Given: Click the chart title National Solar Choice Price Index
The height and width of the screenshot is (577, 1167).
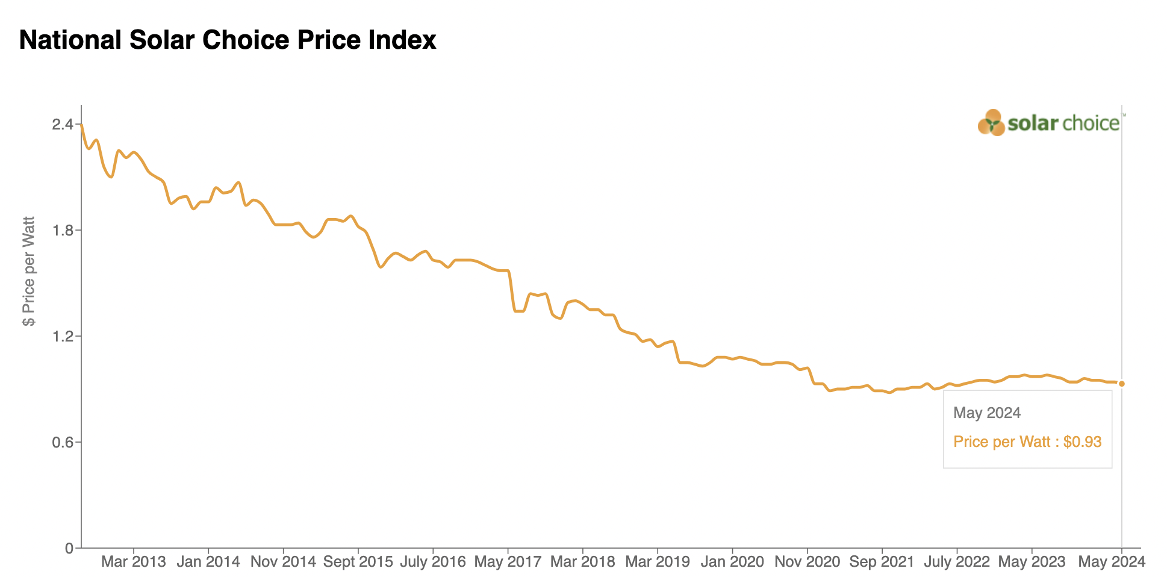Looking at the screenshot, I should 228,40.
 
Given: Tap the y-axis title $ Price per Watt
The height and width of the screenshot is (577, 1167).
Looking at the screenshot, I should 28,271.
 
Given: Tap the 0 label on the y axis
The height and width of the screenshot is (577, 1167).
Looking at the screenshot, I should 69,549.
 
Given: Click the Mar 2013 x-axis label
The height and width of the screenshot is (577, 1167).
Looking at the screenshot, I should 133,562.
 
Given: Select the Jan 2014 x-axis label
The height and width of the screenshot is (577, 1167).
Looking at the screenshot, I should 208,562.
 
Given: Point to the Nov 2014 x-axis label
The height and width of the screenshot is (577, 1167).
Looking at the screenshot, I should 283,562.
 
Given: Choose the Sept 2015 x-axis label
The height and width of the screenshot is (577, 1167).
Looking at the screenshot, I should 358,562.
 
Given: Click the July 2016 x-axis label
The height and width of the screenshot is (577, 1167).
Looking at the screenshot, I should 432,562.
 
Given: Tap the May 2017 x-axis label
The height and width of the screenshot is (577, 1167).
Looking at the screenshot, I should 508,562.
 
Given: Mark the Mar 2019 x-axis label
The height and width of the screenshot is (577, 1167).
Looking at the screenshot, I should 657,562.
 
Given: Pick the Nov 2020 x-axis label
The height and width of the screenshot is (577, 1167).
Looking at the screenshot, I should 807,562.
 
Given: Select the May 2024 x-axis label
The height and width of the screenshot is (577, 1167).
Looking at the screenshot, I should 1111,562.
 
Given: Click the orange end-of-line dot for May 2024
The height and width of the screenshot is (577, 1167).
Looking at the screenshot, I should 1121,384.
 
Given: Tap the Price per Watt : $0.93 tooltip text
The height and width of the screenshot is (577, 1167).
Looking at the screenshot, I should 1027,442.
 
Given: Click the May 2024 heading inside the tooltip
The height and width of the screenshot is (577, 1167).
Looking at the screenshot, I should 987,413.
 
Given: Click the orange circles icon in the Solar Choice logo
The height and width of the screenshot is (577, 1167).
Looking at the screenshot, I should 991,123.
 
